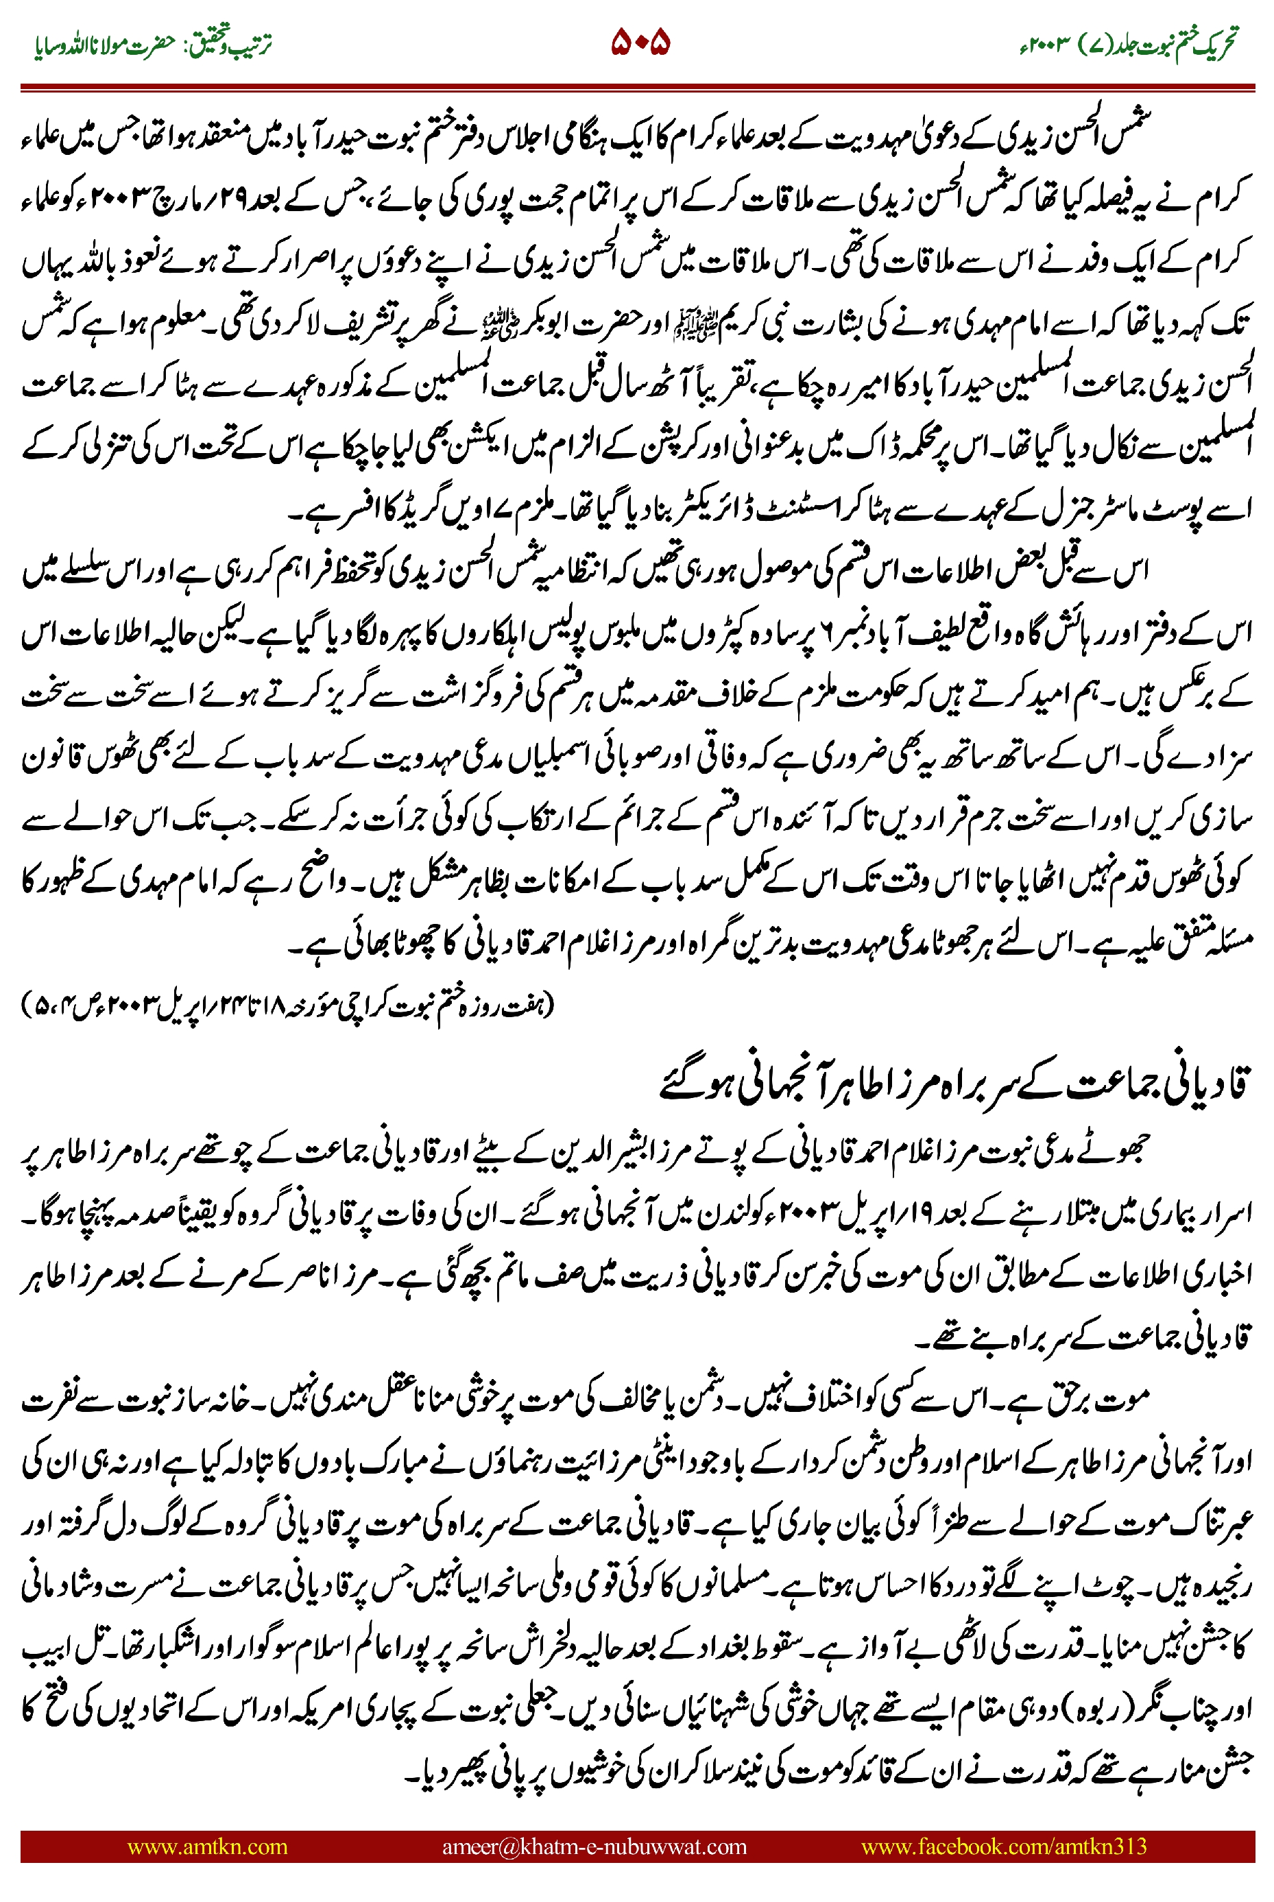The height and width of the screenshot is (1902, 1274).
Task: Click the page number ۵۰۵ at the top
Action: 640,42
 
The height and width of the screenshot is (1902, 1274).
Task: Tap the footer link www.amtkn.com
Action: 207,1846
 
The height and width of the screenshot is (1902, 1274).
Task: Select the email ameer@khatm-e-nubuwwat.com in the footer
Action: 594,1846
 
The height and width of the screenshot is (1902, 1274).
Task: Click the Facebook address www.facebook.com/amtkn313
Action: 1003,1846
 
